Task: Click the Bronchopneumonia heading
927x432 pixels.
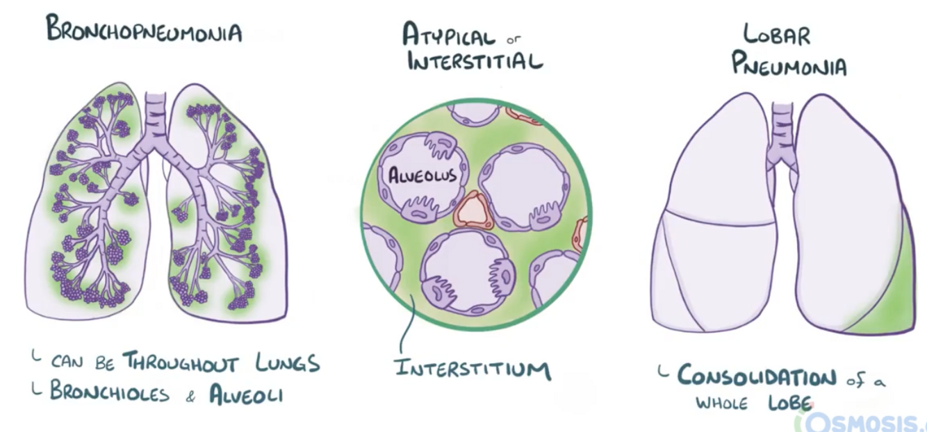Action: tap(145, 31)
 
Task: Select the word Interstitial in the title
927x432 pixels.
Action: tap(475, 61)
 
